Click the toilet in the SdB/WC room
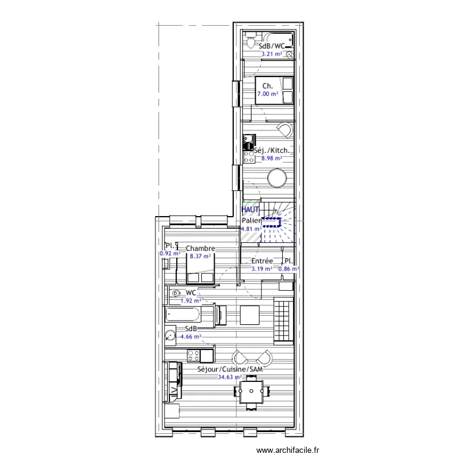(x=250, y=42)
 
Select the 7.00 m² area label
(x=267, y=94)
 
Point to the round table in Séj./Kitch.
(x=277, y=178)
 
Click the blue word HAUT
(x=250, y=209)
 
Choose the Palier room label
(x=251, y=220)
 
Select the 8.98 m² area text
(x=271, y=158)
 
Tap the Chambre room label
(x=200, y=248)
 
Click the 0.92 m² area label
(x=170, y=254)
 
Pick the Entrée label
(x=262, y=261)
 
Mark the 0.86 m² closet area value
(x=288, y=269)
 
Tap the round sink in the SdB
(x=171, y=335)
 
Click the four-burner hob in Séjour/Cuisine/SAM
(x=193, y=355)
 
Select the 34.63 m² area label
(x=229, y=378)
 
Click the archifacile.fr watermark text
(x=288, y=450)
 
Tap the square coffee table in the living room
(x=250, y=315)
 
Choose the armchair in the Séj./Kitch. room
(x=284, y=130)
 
